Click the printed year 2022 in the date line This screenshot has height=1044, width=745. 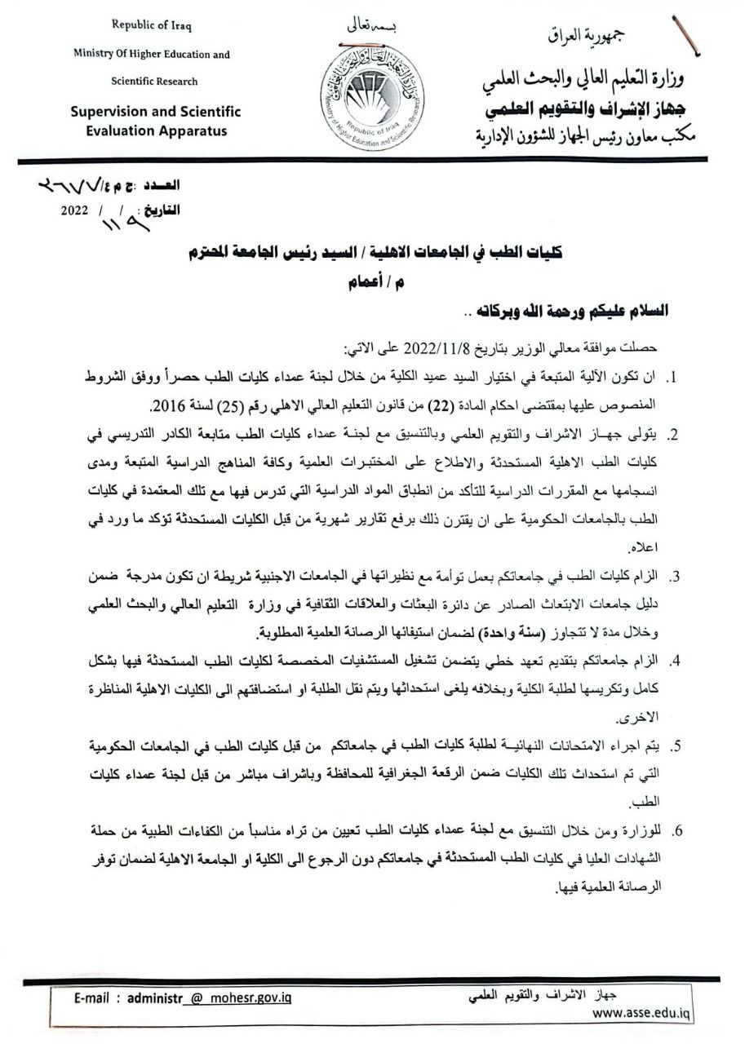point(74,209)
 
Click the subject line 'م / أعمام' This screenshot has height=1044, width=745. point(369,285)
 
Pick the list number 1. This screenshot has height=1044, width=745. point(674,380)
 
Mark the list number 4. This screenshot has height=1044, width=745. point(674,660)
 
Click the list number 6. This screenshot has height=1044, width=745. point(674,831)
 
